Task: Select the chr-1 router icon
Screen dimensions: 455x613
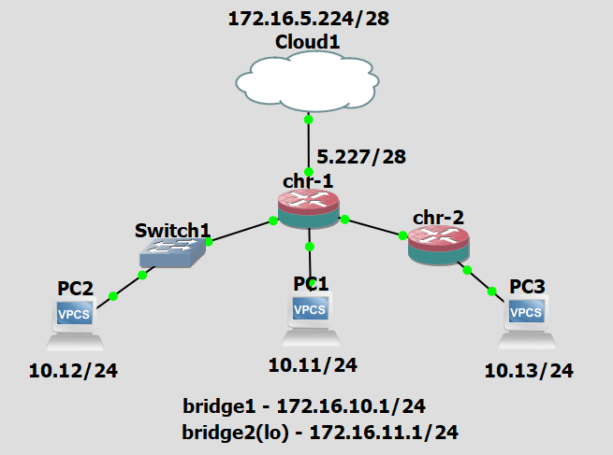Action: tap(308, 209)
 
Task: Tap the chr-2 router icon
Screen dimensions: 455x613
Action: tap(439, 245)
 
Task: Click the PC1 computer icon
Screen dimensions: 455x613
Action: tap(309, 317)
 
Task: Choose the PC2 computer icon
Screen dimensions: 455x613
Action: tap(75, 322)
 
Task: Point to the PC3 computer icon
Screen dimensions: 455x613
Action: tap(525, 320)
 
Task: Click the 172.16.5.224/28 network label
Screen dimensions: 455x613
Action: tap(306, 19)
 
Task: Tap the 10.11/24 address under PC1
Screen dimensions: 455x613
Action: tap(313, 364)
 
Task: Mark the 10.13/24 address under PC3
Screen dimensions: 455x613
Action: tap(529, 371)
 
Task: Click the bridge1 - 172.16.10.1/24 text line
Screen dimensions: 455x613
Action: tap(304, 406)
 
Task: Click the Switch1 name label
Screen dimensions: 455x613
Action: tap(173, 229)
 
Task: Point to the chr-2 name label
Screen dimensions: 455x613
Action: tap(438, 218)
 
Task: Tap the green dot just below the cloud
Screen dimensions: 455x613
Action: tap(308, 120)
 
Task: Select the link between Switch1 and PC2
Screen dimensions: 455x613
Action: tap(128, 286)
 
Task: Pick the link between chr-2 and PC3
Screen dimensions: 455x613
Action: tap(480, 280)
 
